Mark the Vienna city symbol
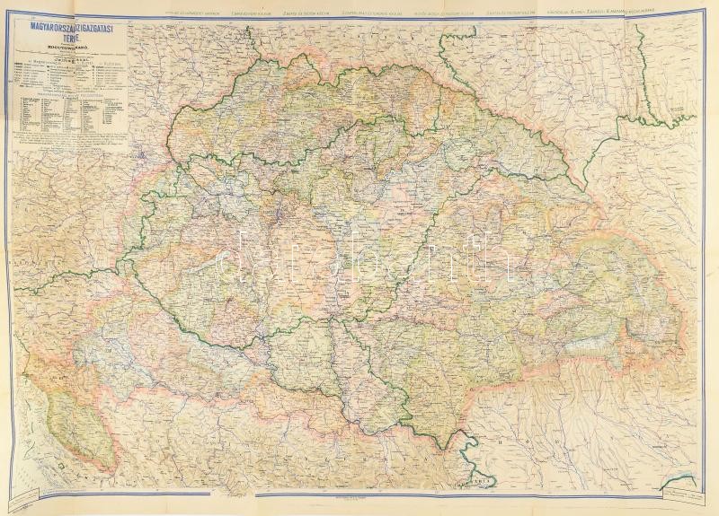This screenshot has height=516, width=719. coord(146,153)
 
